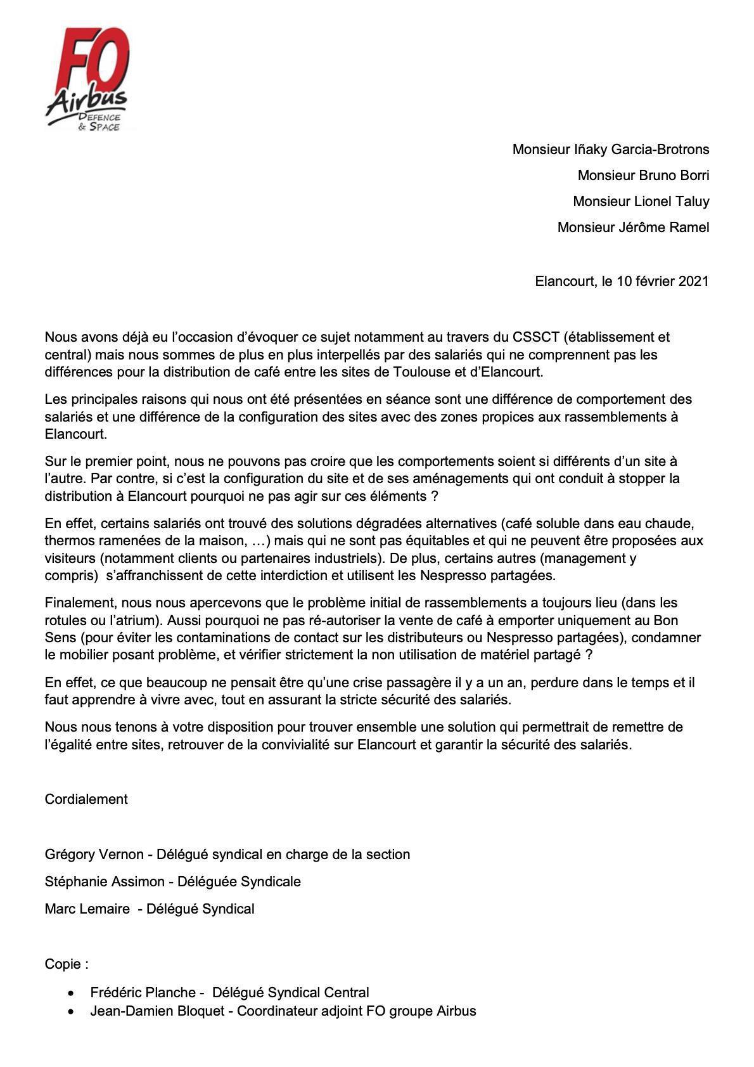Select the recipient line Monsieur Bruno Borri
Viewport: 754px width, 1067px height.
coord(643,176)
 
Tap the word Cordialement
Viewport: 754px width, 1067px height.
coord(86,799)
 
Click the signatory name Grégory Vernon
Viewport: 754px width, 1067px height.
coord(94,855)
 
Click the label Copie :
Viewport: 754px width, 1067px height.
coord(67,964)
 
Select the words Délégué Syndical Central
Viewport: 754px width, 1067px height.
coord(290,993)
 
